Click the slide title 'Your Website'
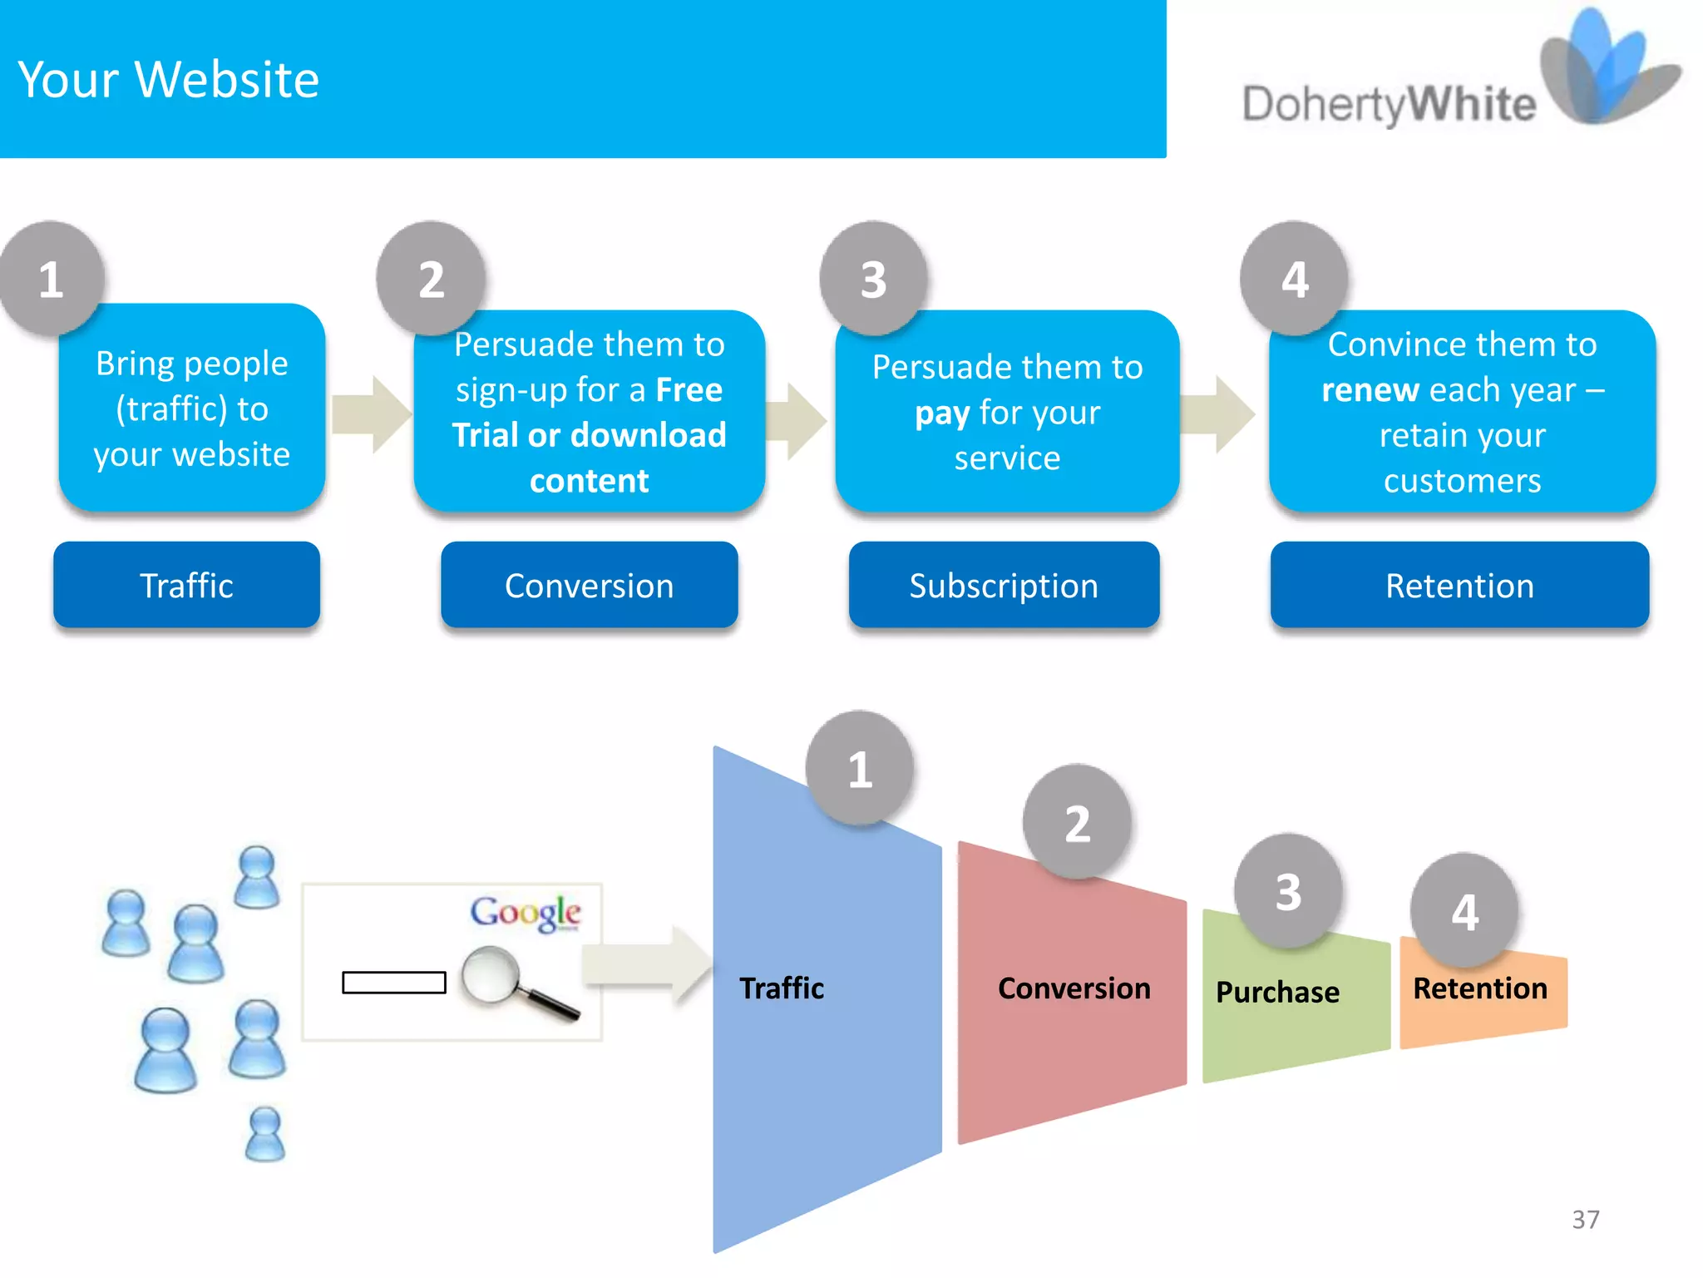(169, 80)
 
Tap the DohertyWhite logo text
(1389, 106)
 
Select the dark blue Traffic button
(186, 585)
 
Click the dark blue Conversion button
(589, 585)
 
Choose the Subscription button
(1004, 585)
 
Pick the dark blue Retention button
(1459, 585)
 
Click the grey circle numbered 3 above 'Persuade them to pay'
(873, 279)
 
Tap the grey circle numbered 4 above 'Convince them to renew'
(1294, 279)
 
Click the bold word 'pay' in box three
(941, 414)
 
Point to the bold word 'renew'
(1370, 390)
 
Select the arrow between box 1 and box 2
(370, 414)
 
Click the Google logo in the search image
(526, 913)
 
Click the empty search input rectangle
(394, 983)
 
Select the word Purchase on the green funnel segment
(1277, 992)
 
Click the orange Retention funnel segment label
(1480, 988)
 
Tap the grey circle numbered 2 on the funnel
(1077, 823)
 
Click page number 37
(1585, 1219)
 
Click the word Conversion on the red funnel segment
(1074, 988)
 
